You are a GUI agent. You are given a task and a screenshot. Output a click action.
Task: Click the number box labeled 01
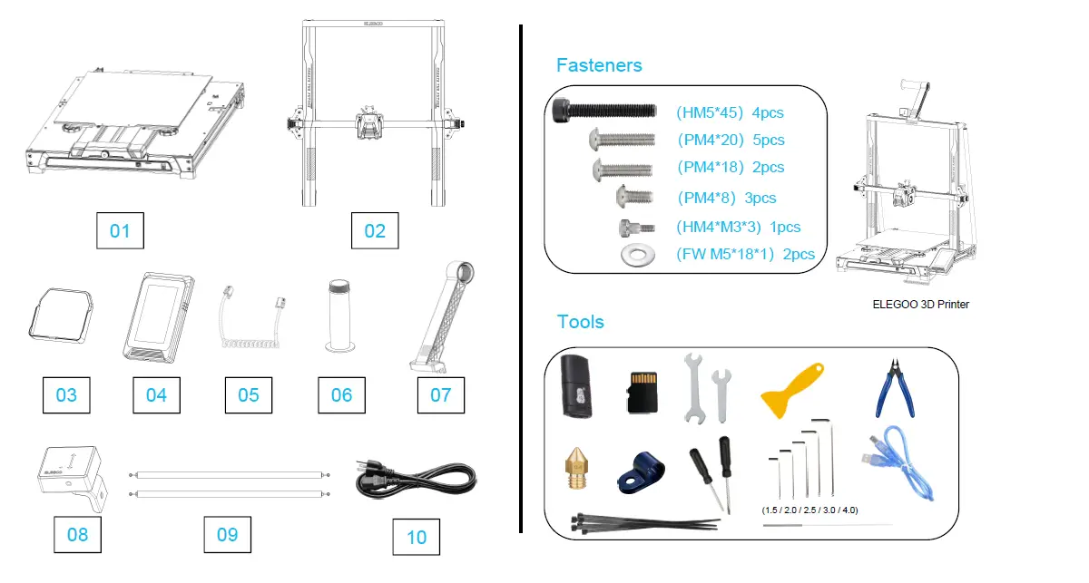pos(120,231)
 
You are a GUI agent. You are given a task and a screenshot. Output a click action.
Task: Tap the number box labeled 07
pos(440,394)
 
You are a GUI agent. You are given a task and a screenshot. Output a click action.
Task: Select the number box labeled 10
pos(417,538)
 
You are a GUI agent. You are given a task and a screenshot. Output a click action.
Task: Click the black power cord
pos(415,480)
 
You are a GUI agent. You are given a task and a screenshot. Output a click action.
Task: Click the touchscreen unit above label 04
pos(156,316)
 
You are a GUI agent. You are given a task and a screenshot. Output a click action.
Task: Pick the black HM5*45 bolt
pos(603,111)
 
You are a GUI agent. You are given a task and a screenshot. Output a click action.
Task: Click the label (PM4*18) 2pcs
pos(731,168)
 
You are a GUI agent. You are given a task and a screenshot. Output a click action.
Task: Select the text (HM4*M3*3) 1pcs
pos(738,228)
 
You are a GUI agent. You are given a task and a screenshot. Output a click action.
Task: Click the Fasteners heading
pos(599,65)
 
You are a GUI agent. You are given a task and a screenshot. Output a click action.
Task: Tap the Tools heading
pos(580,322)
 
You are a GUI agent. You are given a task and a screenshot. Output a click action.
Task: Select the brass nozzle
pos(574,468)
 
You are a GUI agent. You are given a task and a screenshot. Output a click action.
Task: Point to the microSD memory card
pos(643,391)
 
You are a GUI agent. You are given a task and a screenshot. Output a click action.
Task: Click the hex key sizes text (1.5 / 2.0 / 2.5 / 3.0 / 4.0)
pos(809,510)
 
